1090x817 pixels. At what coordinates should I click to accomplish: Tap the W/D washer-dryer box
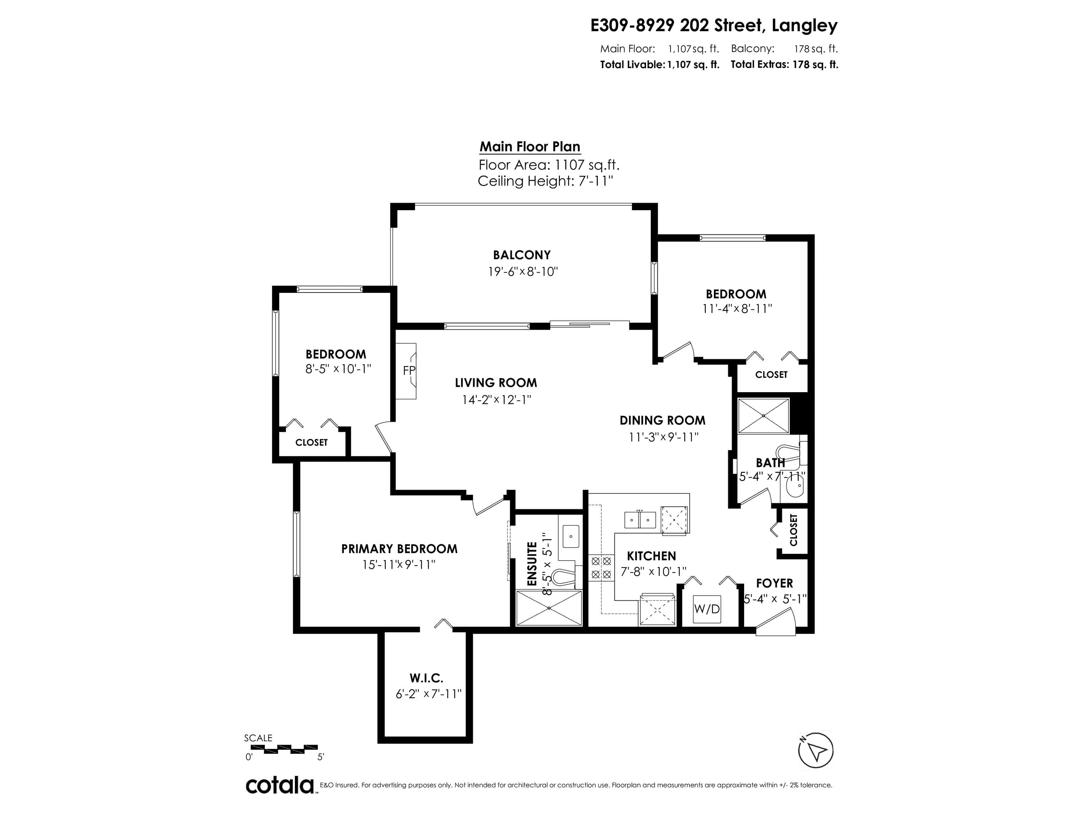point(707,609)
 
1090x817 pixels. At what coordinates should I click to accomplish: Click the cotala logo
point(280,785)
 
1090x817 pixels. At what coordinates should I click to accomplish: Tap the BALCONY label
point(522,255)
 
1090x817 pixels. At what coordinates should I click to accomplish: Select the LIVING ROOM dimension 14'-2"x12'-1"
point(496,399)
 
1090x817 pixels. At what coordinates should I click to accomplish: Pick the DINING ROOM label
point(662,421)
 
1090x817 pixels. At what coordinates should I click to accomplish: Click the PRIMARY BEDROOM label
point(399,549)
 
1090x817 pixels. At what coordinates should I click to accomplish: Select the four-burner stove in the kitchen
point(601,568)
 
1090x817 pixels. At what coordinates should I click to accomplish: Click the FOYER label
point(775,584)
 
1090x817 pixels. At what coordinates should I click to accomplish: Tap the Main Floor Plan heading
point(530,147)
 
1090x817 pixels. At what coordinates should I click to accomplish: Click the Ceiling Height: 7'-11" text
point(545,181)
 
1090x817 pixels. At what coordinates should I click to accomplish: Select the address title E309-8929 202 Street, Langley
point(714,26)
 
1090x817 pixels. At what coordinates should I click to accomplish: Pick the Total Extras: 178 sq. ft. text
point(785,65)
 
